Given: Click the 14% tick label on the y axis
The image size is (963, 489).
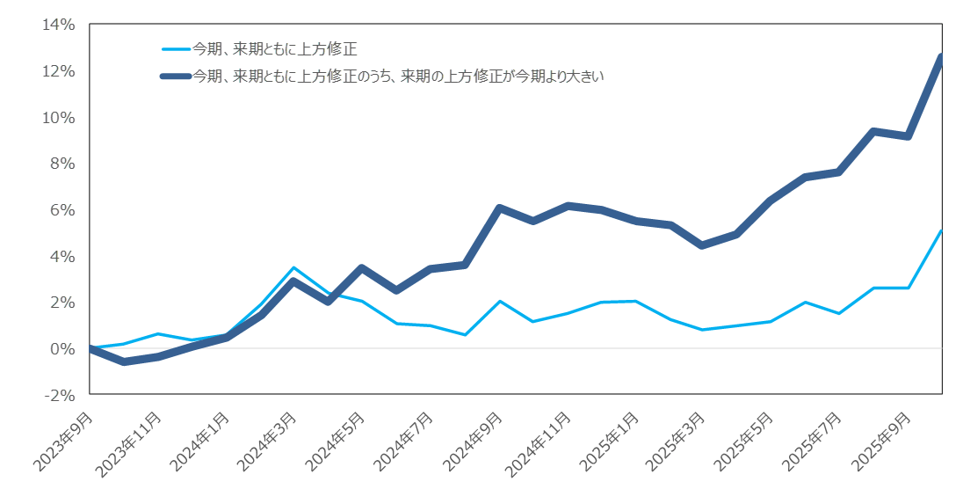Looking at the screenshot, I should (60, 25).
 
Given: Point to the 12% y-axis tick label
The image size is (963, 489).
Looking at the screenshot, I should (60, 71).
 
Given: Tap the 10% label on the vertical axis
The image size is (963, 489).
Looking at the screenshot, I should (60, 118).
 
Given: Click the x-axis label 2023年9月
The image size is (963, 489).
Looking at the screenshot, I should (63, 442).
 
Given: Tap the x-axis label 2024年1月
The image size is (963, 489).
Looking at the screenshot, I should (199, 442).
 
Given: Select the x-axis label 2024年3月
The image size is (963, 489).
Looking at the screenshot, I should (267, 442).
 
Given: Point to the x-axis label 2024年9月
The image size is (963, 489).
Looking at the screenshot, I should (472, 442).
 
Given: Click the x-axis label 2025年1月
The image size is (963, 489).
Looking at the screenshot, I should (608, 442).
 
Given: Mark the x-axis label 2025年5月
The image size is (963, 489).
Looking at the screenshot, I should (744, 442).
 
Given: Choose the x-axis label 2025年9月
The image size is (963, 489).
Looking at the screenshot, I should (880, 442).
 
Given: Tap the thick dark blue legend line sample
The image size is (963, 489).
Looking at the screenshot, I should (175, 77).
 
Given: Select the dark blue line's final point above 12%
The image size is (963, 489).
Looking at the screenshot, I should (941, 58).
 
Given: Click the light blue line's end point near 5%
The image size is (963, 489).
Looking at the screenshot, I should (941, 231).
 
